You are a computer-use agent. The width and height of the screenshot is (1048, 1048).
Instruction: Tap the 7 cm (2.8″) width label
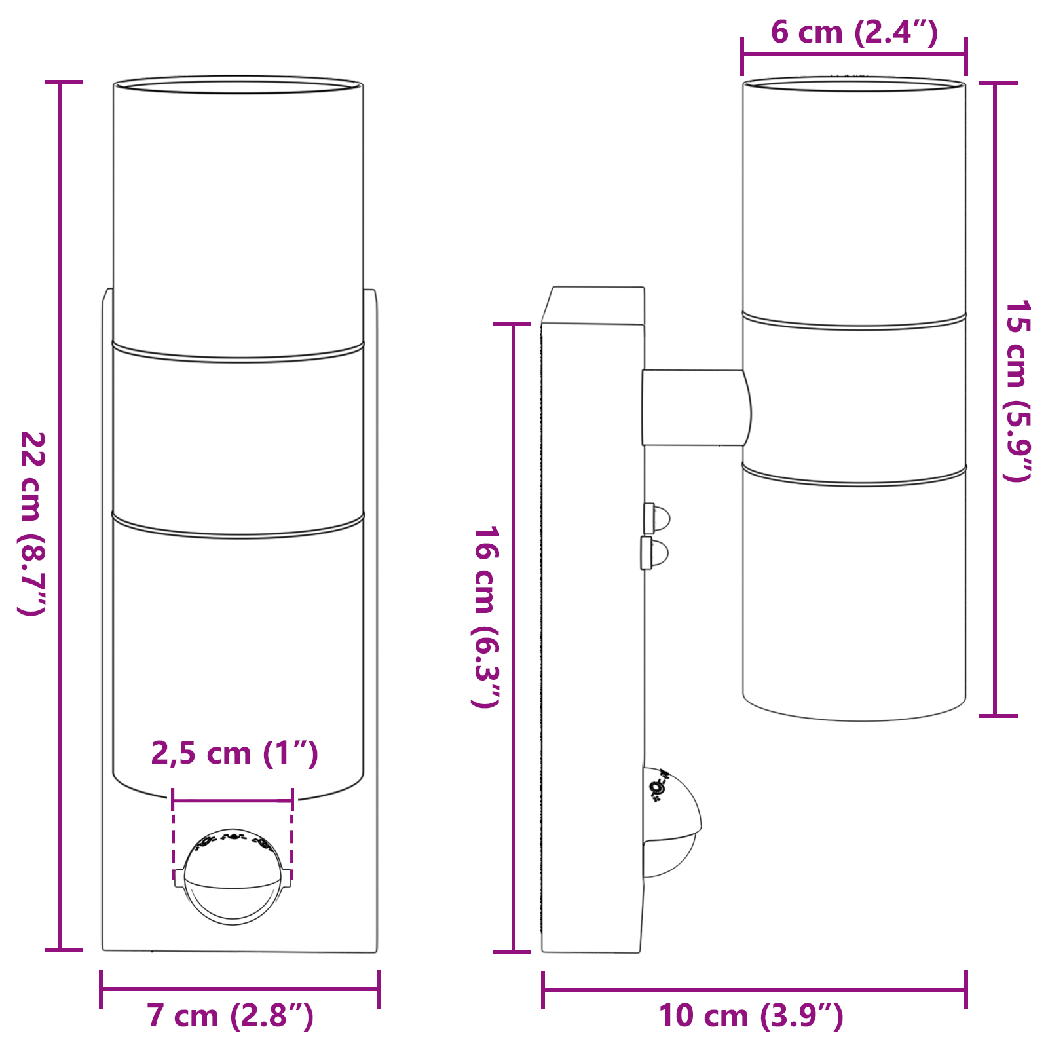231,1016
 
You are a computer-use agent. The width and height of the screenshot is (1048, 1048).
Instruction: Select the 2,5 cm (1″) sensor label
234,753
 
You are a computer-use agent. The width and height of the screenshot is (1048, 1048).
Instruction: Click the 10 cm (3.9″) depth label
751,1016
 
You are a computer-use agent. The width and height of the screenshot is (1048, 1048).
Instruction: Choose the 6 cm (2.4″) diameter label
854,31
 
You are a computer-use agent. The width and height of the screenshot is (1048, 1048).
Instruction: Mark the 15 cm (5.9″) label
1018,390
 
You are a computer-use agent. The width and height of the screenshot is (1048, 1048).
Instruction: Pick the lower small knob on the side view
656,553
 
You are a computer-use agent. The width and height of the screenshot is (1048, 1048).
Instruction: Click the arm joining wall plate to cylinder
694,407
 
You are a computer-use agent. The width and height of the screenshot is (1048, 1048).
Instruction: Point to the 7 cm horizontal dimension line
240,989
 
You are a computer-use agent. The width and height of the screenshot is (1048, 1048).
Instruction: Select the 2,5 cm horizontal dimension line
233,800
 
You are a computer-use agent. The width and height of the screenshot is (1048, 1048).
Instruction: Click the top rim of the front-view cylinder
238,84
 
